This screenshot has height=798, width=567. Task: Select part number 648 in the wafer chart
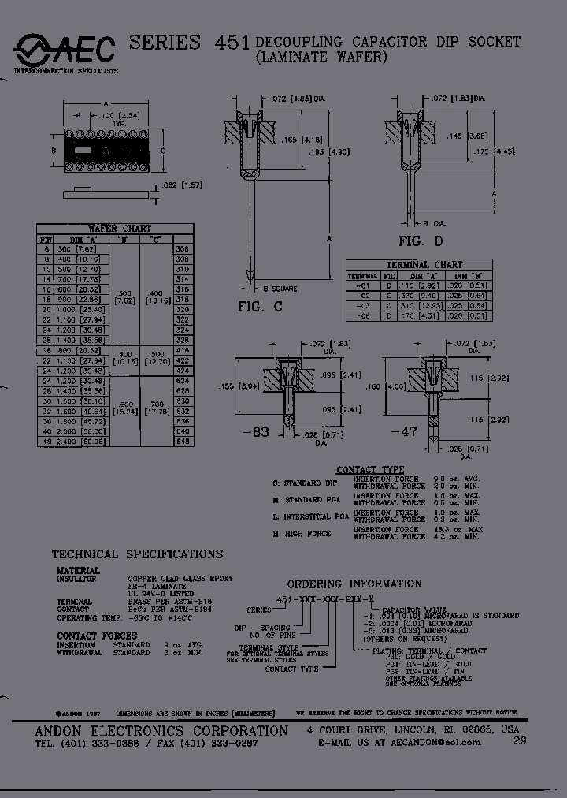click(183, 441)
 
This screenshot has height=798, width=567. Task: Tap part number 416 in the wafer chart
click(183, 349)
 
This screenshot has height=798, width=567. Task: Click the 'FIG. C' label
click(260, 307)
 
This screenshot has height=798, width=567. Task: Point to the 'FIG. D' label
click(421, 241)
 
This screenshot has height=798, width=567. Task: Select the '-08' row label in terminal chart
click(363, 315)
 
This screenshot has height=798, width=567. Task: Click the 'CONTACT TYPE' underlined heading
click(370, 470)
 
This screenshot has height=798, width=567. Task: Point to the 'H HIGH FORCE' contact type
click(302, 534)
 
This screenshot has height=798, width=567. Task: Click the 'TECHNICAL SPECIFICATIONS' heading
click(137, 554)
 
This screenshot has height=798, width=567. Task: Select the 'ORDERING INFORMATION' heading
click(354, 584)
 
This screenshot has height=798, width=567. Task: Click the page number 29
click(519, 740)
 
